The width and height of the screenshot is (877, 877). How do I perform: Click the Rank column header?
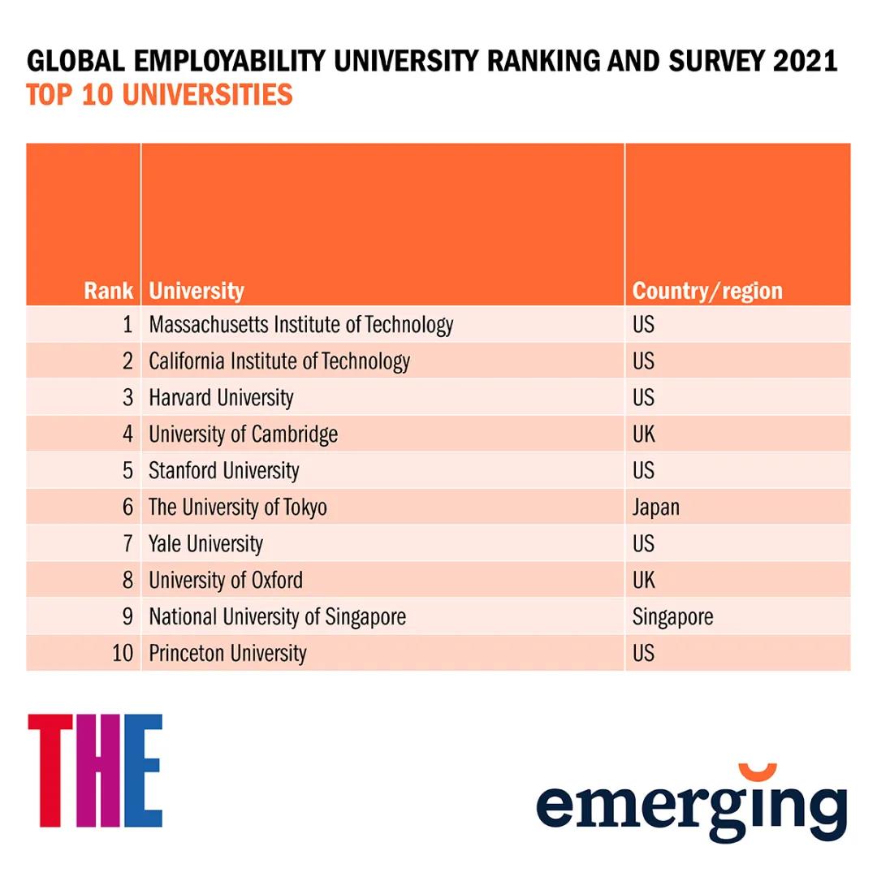(108, 291)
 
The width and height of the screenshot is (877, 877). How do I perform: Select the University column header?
(197, 291)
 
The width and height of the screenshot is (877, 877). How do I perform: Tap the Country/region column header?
(707, 291)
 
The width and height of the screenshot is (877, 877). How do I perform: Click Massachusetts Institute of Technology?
(300, 325)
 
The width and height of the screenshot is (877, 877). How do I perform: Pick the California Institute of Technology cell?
(279, 361)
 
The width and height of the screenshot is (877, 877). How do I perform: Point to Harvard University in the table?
(221, 398)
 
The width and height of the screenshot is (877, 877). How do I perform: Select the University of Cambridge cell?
(243, 434)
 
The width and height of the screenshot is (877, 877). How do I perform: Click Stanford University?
(223, 471)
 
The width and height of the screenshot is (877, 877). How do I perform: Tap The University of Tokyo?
(237, 508)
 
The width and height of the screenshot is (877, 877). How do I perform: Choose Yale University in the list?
(205, 543)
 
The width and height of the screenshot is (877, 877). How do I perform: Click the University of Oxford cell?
(225, 580)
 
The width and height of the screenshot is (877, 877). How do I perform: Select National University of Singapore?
(277, 616)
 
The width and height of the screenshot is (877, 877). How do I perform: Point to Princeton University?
(227, 653)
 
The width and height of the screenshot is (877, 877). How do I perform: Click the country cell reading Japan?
(656, 508)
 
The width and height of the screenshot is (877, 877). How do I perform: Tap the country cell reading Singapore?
(672, 616)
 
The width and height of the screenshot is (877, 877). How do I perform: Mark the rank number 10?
(122, 653)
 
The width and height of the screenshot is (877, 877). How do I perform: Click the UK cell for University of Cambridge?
(643, 434)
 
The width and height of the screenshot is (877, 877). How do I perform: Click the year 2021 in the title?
(805, 62)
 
